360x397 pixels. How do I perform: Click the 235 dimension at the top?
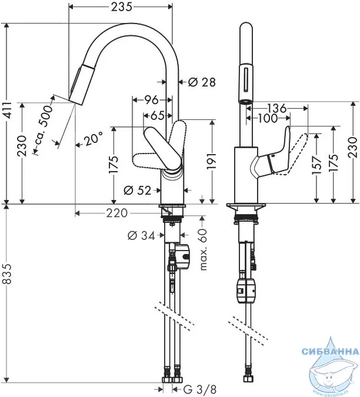pyautogui.click(x=122, y=7)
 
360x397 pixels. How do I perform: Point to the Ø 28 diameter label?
pyautogui.click(x=202, y=82)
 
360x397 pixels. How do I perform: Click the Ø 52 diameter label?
pyautogui.click(x=137, y=190)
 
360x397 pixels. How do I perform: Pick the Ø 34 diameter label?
pyautogui.click(x=141, y=236)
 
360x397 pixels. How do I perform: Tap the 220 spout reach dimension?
pyautogui.click(x=116, y=213)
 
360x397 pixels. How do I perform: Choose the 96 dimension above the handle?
pyautogui.click(x=151, y=100)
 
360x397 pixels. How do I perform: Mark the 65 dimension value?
pyautogui.click(x=157, y=115)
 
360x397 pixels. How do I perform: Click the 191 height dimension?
pyautogui.click(x=212, y=161)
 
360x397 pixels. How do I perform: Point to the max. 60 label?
pyautogui.click(x=203, y=249)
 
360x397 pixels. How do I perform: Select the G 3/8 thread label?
pyautogui.click(x=199, y=389)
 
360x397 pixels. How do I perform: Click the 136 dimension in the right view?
pyautogui.click(x=276, y=108)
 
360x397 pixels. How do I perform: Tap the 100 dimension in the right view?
pyautogui.click(x=267, y=118)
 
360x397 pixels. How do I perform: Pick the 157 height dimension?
pyautogui.click(x=316, y=165)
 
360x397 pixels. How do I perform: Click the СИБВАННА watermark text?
pyautogui.click(x=331, y=352)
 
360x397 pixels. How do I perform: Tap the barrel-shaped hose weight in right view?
pyautogui.click(x=246, y=291)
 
